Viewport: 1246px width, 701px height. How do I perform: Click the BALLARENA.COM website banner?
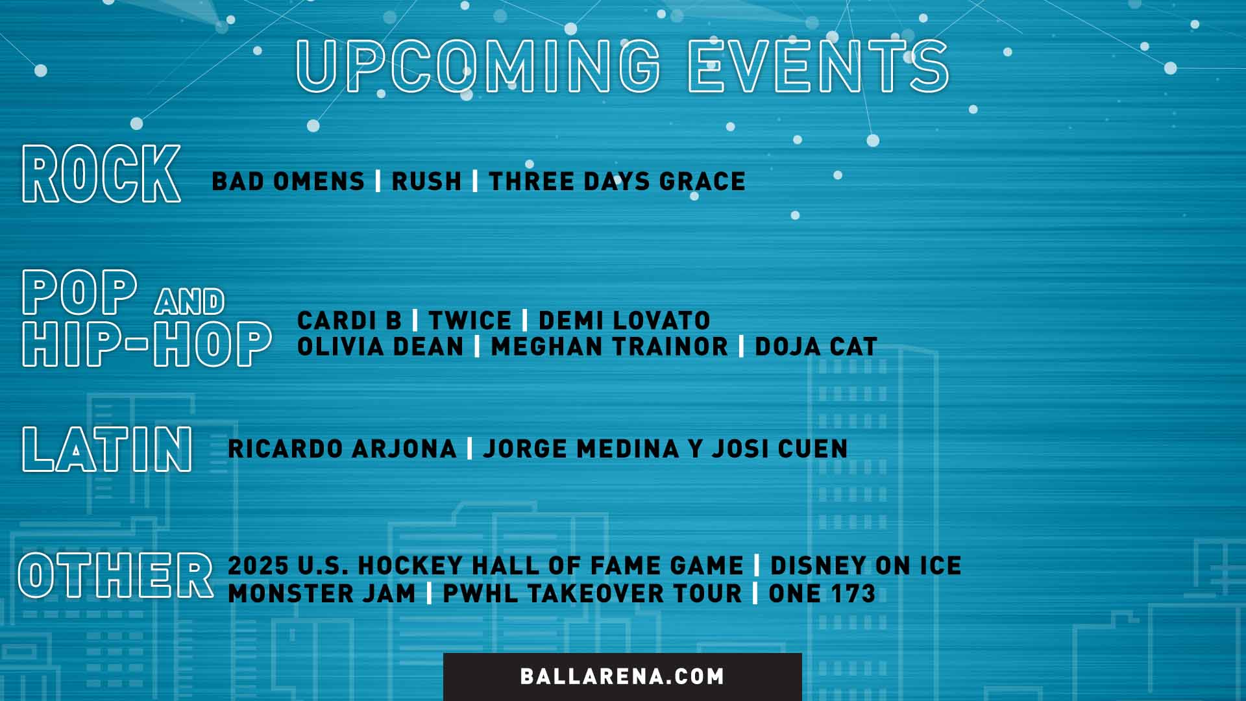622,676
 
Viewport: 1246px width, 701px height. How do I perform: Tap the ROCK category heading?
101,174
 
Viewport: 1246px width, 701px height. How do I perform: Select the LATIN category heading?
107,449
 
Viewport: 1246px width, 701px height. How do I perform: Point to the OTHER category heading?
116,576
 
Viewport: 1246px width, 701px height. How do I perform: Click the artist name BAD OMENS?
288,182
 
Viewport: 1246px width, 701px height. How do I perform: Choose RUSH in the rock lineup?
426,182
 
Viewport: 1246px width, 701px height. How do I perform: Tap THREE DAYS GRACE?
617,182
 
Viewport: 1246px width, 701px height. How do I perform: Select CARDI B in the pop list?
349,321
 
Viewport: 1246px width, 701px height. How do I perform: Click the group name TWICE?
470,321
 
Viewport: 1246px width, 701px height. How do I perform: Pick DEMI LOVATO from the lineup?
624,321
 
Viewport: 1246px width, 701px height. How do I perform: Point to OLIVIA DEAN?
380,347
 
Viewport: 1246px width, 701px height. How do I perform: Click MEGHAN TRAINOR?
609,347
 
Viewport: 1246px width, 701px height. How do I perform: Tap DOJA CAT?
816,347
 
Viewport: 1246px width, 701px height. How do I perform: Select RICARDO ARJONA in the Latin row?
343,449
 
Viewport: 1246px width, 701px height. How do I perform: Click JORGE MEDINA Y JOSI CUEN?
665,449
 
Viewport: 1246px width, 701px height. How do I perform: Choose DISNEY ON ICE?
866,566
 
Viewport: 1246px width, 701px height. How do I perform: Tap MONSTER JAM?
322,594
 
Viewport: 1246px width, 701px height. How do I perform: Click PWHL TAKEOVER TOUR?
592,594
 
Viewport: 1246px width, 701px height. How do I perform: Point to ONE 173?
822,594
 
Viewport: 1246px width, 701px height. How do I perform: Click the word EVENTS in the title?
818,66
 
